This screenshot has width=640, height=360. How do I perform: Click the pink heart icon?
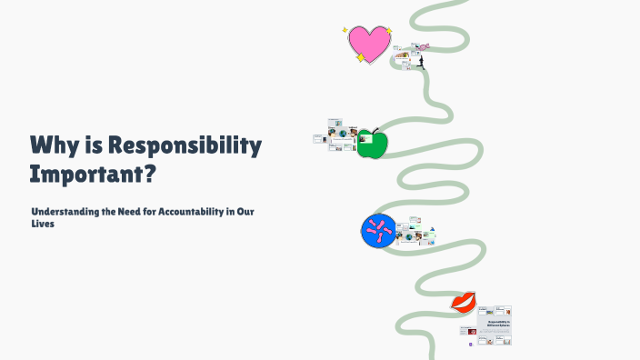pyautogui.click(x=370, y=43)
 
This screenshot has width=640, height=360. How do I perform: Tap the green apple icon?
pyautogui.click(x=372, y=144)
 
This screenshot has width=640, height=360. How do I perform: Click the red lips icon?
pyautogui.click(x=464, y=302)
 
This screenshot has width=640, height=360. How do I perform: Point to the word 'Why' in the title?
pyautogui.click(x=52, y=145)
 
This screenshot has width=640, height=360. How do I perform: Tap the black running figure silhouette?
pyautogui.click(x=421, y=62)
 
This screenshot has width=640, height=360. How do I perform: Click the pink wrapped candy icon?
pyautogui.click(x=422, y=45)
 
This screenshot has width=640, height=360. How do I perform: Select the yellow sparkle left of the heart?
pyautogui.click(x=345, y=30)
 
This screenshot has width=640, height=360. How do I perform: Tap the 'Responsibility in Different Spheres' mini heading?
pyautogui.click(x=499, y=324)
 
